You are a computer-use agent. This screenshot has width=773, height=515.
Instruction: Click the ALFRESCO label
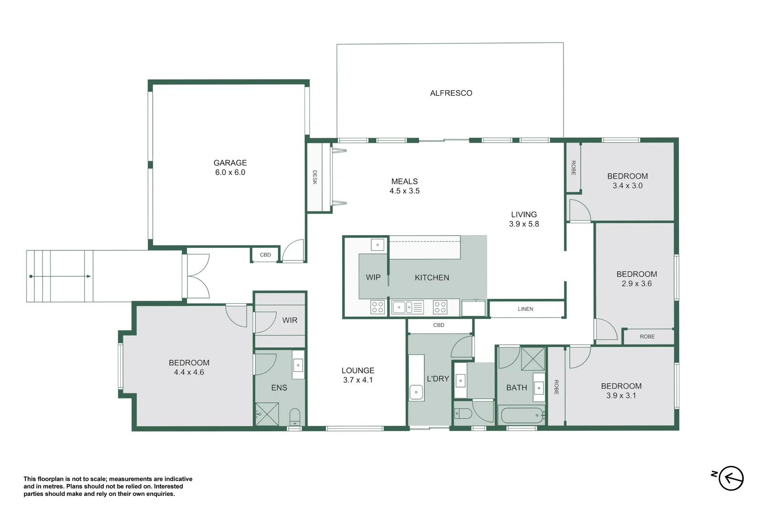[451, 93]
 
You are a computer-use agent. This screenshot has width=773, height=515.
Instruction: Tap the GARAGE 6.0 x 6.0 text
[230, 168]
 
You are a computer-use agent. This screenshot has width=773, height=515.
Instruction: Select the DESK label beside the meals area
[314, 177]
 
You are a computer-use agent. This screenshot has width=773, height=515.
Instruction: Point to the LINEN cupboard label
[525, 309]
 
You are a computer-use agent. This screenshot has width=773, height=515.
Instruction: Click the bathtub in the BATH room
[522, 415]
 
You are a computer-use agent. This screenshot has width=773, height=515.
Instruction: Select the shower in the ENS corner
[267, 414]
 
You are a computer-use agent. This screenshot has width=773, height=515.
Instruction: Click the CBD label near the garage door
[265, 255]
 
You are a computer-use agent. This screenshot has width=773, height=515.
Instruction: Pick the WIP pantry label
[373, 278]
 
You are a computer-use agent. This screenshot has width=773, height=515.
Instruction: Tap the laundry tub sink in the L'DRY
[416, 392]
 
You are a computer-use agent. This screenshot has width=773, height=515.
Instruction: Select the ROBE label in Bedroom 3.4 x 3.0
[573, 168]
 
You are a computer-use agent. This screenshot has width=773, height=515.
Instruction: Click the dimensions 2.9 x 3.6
[636, 284]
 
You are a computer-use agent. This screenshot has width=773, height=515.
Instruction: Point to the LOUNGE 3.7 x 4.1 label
[358, 375]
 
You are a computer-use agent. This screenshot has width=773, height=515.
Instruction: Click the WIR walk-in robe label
[290, 320]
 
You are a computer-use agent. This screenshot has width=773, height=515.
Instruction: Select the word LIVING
[523, 215]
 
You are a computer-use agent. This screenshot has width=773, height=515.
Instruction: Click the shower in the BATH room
[533, 359]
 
